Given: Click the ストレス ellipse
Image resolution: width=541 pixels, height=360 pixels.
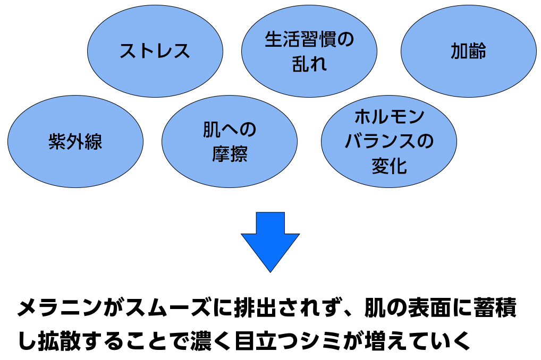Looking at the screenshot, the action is [155, 51].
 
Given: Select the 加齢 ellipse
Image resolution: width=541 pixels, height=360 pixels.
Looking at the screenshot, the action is [469, 51].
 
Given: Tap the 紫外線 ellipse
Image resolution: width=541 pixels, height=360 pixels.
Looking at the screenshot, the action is [75, 141].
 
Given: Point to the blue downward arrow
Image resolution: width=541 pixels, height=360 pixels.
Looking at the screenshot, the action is [270, 242].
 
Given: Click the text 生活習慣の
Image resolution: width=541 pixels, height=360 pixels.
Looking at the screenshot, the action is [309, 39].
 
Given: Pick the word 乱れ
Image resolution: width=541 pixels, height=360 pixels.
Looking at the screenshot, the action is [309, 64].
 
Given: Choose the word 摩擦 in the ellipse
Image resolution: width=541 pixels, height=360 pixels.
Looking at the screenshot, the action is [230, 154].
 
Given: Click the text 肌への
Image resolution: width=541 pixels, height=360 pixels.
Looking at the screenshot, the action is [230, 130].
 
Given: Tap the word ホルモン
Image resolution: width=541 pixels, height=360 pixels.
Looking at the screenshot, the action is [389, 117].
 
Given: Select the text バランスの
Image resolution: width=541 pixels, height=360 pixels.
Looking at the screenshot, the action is [389, 141].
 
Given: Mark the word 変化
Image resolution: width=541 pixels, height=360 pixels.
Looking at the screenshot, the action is [389, 166].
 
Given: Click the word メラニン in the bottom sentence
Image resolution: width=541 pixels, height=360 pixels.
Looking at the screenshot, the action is [60, 307].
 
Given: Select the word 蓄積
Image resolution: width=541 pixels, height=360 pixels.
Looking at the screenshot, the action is [495, 307].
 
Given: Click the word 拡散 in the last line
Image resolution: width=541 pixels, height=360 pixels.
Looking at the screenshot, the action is [60, 341].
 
